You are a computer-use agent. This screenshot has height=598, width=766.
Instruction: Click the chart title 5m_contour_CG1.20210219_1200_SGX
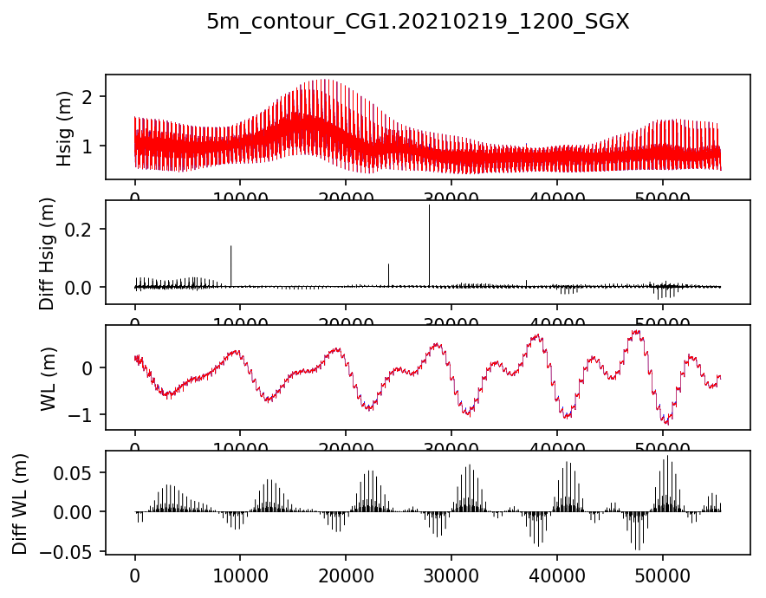tap(418, 23)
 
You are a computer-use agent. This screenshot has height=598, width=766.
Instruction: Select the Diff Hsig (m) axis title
tap(47, 252)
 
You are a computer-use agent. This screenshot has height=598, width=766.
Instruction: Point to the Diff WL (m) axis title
tap(20, 503)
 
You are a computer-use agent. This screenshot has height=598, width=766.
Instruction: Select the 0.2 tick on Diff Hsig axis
tap(81, 229)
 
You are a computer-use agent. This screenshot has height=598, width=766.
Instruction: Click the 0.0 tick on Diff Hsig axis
tap(81, 287)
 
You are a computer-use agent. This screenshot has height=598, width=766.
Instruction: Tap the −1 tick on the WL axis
tap(85, 414)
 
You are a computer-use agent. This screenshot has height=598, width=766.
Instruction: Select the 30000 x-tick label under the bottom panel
tap(451, 575)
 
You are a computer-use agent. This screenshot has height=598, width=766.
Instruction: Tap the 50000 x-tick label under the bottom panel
tap(663, 575)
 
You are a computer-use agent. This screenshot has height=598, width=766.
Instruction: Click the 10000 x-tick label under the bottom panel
tap(240, 575)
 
